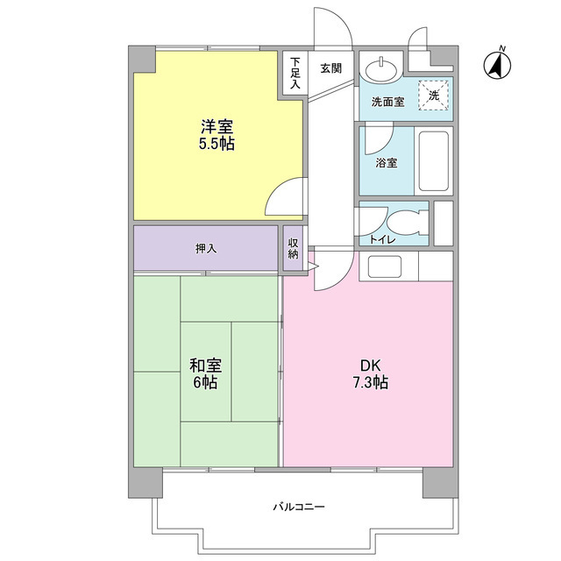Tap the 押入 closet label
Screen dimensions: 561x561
[x=206, y=248]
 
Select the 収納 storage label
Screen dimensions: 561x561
[x=293, y=248]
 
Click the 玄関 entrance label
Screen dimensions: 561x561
[x=330, y=68]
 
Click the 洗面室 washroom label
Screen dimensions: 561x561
[x=387, y=102]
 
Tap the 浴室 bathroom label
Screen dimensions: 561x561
[x=387, y=163]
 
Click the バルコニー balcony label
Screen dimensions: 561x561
[x=299, y=508]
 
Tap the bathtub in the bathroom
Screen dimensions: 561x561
[x=433, y=160]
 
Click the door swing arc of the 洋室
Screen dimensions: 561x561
[x=286, y=198]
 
